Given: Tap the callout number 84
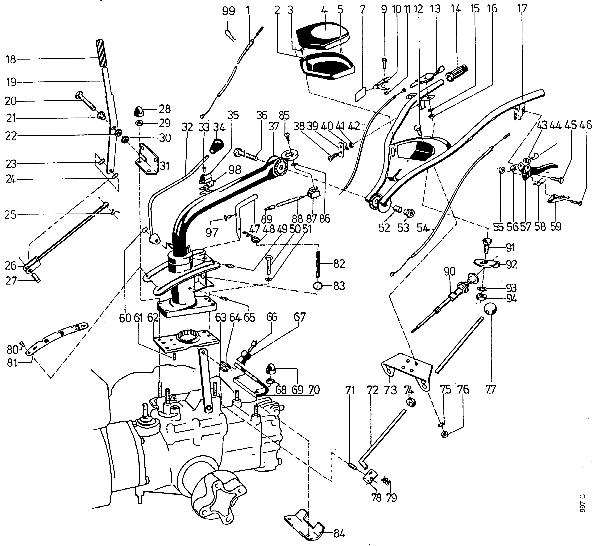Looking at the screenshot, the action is tap(339, 534).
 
